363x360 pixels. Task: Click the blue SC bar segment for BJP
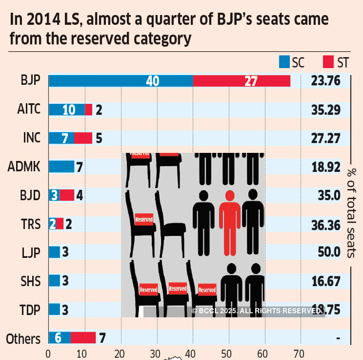click(120, 81)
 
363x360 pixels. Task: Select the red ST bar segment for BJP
click(241, 81)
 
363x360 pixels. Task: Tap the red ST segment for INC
click(83, 138)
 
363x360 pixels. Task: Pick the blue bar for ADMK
click(61, 167)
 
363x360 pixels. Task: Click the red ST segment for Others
click(83, 337)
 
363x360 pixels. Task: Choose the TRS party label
click(31, 224)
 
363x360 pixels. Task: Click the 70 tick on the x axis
click(300, 352)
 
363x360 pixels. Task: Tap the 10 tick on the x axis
click(84, 352)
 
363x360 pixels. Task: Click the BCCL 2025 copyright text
click(257, 311)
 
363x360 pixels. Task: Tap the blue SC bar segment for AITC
click(66, 110)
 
